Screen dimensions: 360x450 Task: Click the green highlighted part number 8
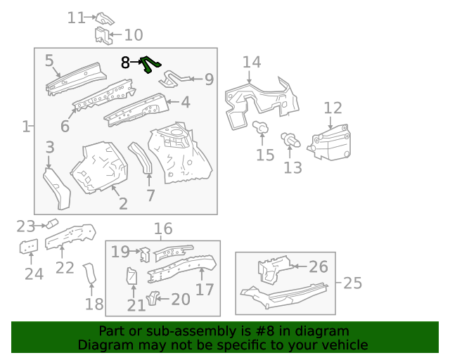point(149,65)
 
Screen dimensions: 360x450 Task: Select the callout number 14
point(251,63)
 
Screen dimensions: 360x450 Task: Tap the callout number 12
point(333,108)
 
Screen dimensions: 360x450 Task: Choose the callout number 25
point(352,283)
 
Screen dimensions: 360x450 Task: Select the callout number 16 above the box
point(162,229)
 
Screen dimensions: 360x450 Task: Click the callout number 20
point(180,300)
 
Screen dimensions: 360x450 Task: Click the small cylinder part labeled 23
point(51,224)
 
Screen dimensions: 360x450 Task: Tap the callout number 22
point(65,267)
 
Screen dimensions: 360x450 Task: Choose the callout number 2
point(122,204)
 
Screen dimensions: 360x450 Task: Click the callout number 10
point(133,35)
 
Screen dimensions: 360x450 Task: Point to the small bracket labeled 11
point(105,18)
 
